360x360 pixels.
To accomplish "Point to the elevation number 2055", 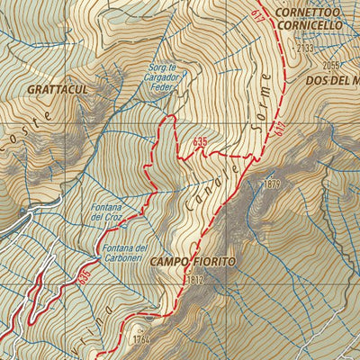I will click(x=333, y=65).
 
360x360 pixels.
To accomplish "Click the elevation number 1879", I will click(x=274, y=184).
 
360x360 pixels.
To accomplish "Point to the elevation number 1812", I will click(x=198, y=281).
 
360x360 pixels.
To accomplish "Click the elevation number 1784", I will click(x=138, y=340).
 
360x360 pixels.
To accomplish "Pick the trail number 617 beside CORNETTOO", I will click(x=258, y=15).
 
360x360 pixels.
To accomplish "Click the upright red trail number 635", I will click(x=200, y=141).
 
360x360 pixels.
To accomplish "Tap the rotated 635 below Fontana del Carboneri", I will click(x=85, y=274).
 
